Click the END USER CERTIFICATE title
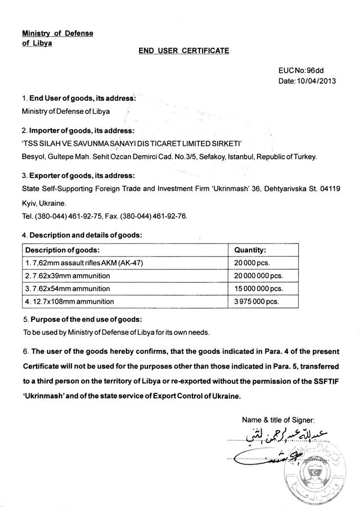click(183, 51)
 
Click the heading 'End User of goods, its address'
click(82, 98)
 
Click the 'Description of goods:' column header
click(63, 250)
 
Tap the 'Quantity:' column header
click(250, 250)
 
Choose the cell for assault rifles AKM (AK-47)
click(85, 263)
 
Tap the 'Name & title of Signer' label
click(278, 420)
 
